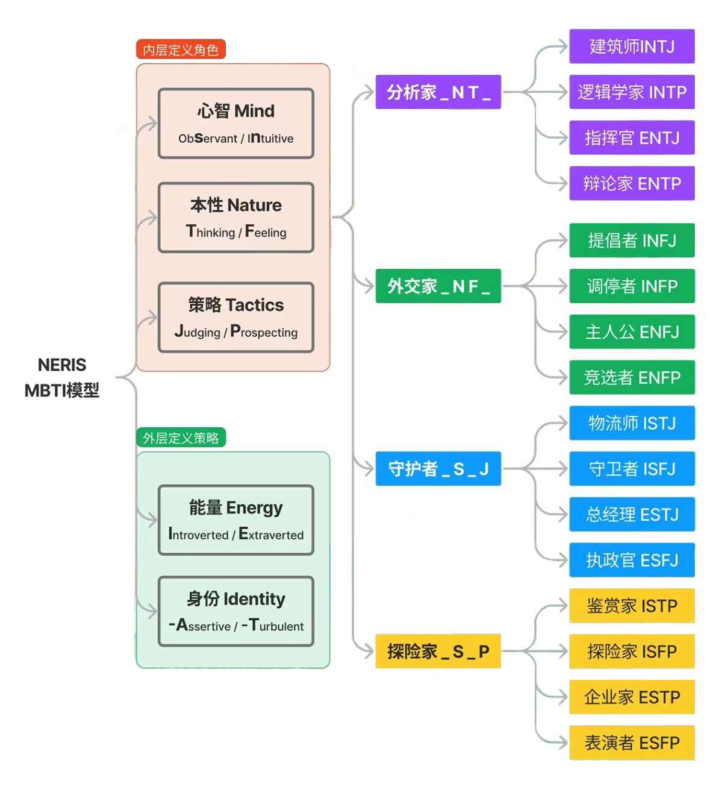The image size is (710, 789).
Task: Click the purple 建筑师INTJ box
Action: (632, 46)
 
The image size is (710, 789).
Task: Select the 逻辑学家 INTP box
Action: (632, 92)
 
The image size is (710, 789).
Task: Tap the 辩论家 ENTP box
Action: (632, 183)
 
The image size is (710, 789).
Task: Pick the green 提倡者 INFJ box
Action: (632, 240)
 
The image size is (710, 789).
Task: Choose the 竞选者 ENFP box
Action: (632, 377)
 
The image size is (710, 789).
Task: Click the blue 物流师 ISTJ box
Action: (632, 423)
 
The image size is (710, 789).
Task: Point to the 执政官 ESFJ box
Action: (632, 560)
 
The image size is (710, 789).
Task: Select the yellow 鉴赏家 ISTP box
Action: (632, 606)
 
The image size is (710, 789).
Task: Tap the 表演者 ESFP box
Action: (632, 743)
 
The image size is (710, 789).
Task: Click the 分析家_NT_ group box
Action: (438, 92)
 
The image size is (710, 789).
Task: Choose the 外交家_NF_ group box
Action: (438, 286)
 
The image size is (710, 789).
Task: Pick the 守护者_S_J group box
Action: (438, 468)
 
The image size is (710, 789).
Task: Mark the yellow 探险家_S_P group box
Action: (438, 651)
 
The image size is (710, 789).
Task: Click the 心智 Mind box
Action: (235, 124)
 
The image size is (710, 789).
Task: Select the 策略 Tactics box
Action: (235, 318)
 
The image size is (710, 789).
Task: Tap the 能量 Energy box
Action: (235, 520)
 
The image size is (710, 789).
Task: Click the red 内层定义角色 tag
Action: (181, 49)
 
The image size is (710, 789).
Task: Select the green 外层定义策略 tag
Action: (181, 438)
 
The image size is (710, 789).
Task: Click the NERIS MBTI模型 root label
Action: (62, 378)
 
